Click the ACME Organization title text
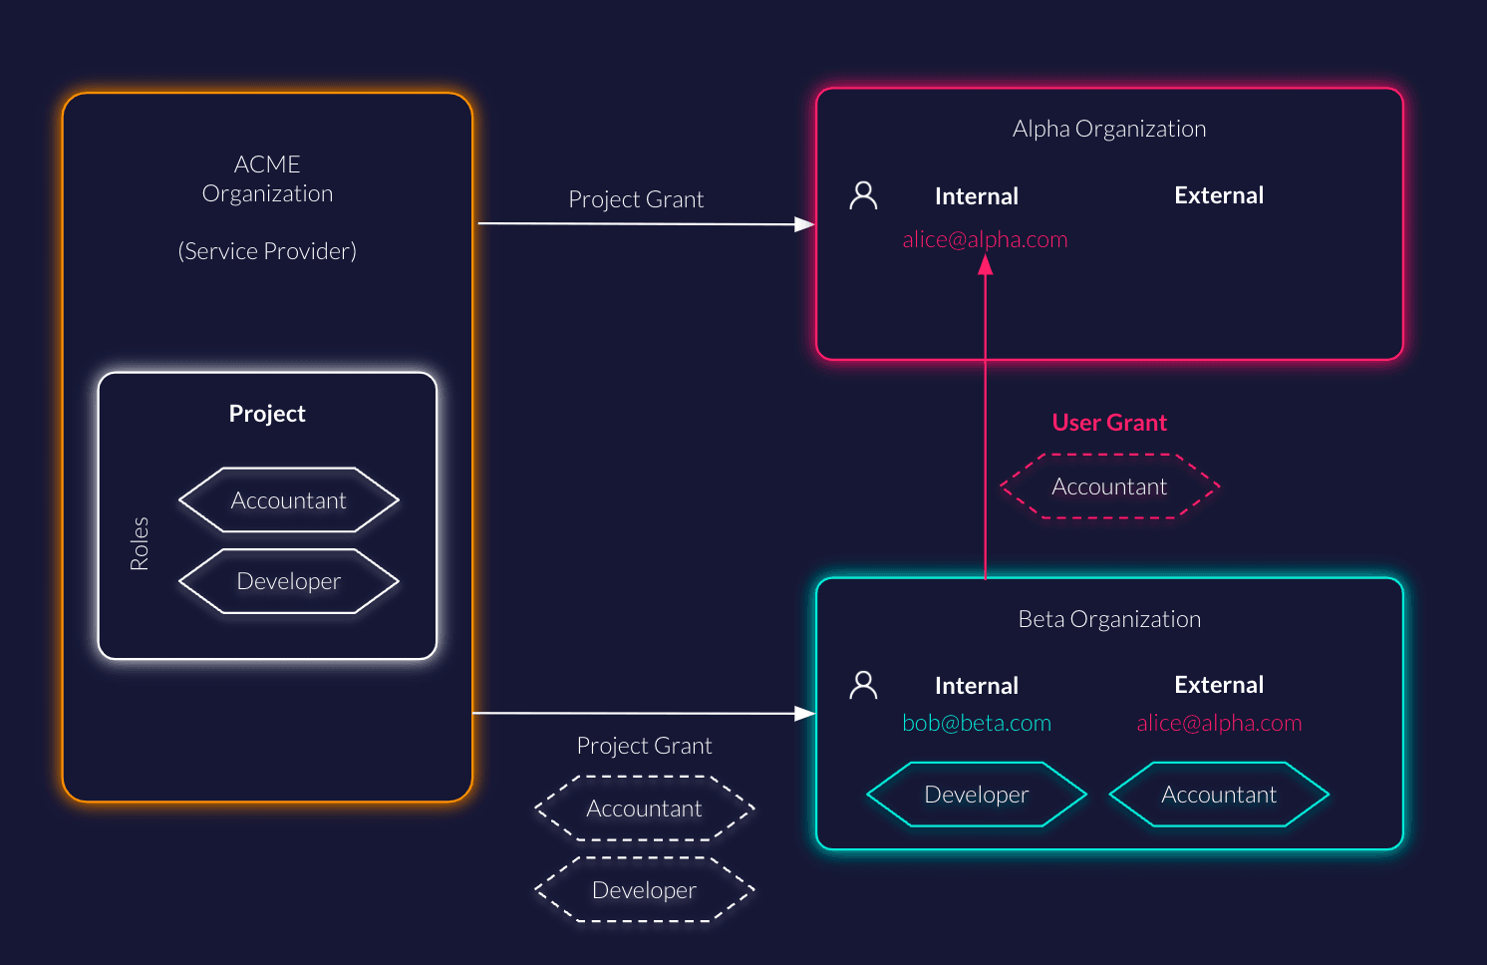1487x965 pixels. coord(267,178)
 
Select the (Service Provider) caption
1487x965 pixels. coord(267,251)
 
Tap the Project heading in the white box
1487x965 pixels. coord(267,414)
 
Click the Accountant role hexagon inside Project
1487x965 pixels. coord(289,500)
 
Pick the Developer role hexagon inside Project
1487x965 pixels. coord(289,581)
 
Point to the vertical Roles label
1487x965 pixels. coord(140,543)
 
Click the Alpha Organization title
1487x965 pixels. coord(1109,129)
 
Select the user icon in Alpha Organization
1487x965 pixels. coord(863,195)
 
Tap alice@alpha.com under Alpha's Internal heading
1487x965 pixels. coord(985,239)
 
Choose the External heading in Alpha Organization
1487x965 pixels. coord(1219,195)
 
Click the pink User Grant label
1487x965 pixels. coord(1109,423)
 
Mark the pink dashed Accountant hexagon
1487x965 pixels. coord(1109,486)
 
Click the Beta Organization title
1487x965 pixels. coord(1109,619)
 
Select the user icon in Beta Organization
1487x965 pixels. coord(863,685)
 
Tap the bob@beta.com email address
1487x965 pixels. coord(977,723)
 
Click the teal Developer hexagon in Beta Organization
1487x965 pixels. coord(977,795)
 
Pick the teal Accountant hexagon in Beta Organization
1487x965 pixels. coord(1219,795)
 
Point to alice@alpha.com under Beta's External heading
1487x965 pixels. coord(1219,723)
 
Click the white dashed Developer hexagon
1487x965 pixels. coord(644,890)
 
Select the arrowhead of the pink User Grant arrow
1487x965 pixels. coord(986,264)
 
